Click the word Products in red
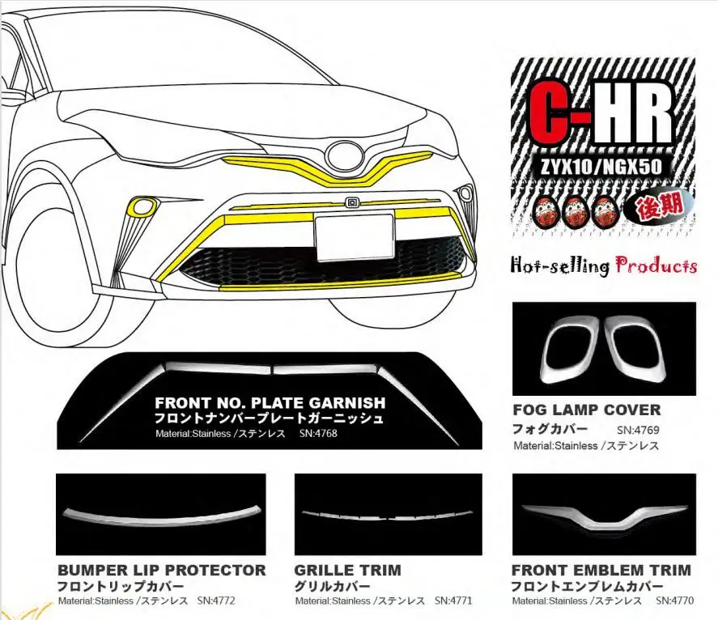coord(656,265)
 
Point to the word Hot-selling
coord(559,265)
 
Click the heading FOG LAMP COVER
coord(586,410)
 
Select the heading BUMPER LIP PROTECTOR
coord(162,570)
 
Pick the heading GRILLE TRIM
coord(347,570)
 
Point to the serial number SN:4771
coord(452,601)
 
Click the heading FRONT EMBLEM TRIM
coord(601,570)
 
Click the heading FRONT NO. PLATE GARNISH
coord(270,402)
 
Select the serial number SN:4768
coord(318,435)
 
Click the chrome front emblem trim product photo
coord(604,516)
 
